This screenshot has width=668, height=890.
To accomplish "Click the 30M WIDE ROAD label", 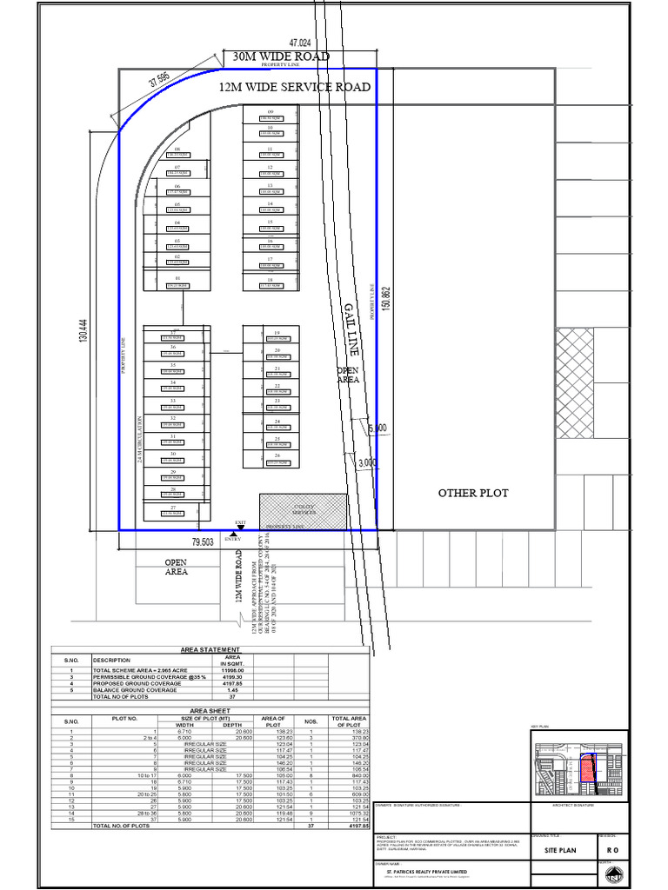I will click(x=281, y=57).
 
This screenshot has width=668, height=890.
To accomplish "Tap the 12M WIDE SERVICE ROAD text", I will click(x=295, y=87).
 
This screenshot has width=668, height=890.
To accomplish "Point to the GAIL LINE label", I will click(x=351, y=324).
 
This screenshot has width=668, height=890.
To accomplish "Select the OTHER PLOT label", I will click(x=473, y=493).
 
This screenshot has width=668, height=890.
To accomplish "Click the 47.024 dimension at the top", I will click(x=299, y=42).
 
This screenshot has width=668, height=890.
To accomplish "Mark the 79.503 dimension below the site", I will click(x=203, y=541).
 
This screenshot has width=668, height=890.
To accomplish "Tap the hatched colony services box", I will click(x=303, y=511).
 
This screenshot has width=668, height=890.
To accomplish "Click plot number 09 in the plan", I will click(x=271, y=113).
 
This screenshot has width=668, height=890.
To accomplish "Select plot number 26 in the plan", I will click(x=277, y=455).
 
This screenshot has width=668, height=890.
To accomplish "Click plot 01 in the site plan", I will click(x=177, y=277).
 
